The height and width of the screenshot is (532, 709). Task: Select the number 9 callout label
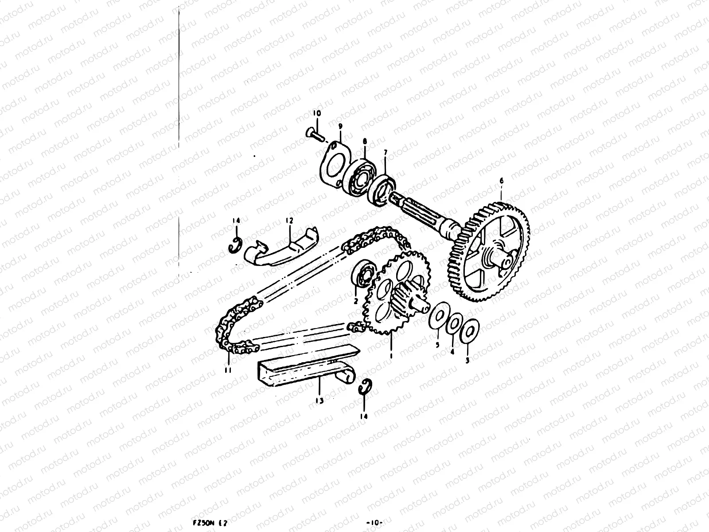coord(340,126)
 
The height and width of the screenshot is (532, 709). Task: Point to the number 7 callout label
coord(385,153)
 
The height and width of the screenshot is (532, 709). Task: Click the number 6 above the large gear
coord(501,181)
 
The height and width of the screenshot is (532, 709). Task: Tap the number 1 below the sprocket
coord(391,356)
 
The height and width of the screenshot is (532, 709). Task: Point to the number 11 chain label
coord(228,370)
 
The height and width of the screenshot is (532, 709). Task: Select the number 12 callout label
coord(289,220)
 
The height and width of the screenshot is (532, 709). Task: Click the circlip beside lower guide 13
coord(365,386)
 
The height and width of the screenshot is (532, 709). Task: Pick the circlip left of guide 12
coord(237,246)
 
